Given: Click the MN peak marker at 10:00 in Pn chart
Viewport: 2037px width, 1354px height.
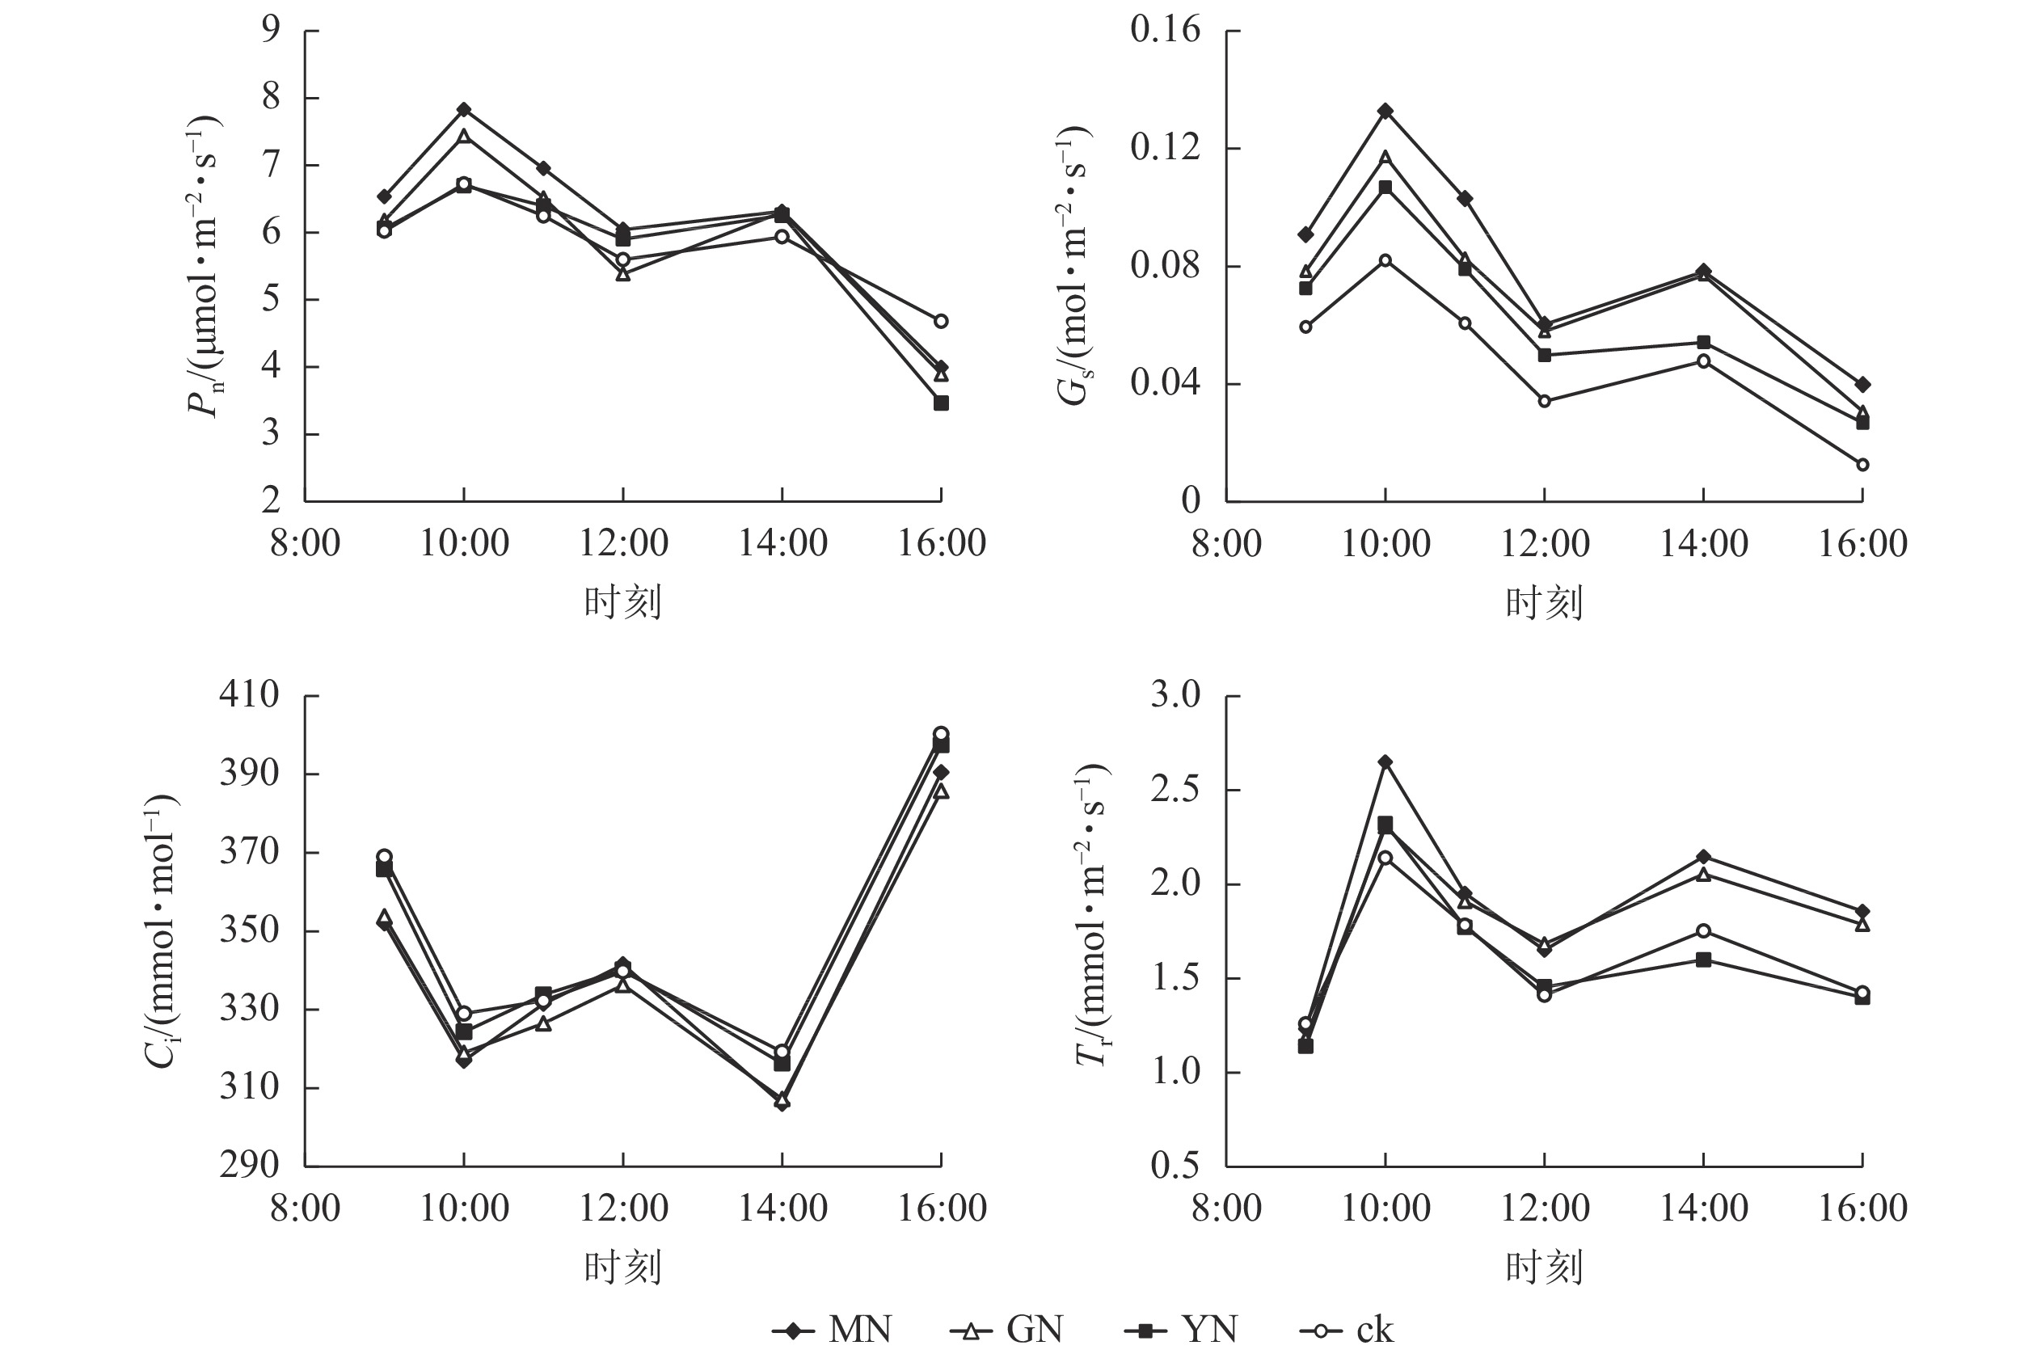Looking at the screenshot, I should [x=464, y=110].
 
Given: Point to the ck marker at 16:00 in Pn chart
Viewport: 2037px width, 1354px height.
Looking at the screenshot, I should [x=941, y=321].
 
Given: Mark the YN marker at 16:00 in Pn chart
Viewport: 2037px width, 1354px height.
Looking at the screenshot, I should [x=941, y=403].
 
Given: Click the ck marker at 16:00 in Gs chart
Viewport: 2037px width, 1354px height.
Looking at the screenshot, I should [x=1862, y=465].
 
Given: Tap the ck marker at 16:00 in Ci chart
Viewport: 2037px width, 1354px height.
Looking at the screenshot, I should [x=941, y=734].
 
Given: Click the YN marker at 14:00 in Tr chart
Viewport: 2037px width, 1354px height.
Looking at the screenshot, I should [x=1704, y=960].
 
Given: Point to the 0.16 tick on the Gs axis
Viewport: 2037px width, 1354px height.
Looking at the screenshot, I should [x=1165, y=30].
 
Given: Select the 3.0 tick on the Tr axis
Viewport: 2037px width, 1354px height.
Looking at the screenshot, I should [x=1175, y=694].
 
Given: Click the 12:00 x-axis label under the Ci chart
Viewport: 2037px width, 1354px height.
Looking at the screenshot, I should [x=622, y=1208].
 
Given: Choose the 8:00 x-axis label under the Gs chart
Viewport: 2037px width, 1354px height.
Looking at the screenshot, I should [x=1226, y=544].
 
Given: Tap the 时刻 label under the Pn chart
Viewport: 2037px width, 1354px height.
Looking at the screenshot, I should [x=622, y=603].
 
